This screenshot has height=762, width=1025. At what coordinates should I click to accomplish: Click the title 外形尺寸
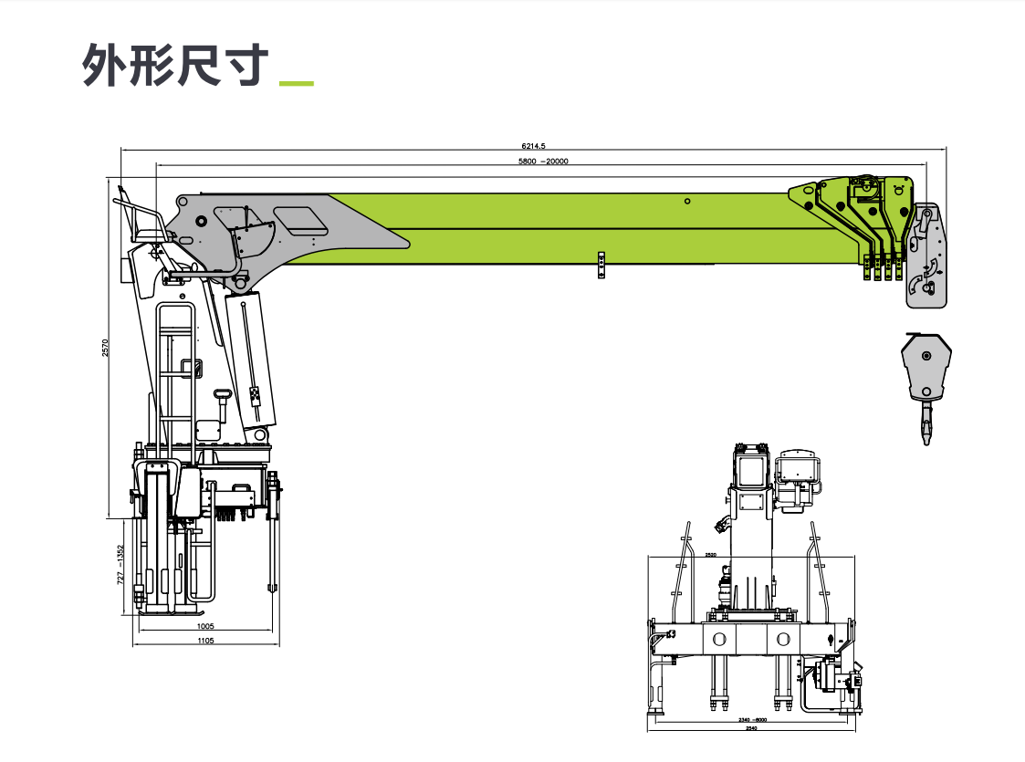pyautogui.click(x=175, y=65)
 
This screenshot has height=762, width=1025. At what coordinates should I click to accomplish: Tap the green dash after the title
pyautogui.click(x=296, y=84)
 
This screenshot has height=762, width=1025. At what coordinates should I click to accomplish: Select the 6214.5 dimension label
pyautogui.click(x=533, y=146)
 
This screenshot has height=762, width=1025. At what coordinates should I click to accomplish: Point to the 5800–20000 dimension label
pyautogui.click(x=542, y=162)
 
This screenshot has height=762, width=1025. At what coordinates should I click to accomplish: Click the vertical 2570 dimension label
pyautogui.click(x=106, y=348)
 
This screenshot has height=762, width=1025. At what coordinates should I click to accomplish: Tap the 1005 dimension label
pyautogui.click(x=204, y=626)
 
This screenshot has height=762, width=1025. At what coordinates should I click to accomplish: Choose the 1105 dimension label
pyautogui.click(x=204, y=642)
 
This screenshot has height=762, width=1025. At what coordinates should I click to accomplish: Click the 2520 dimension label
pyautogui.click(x=711, y=554)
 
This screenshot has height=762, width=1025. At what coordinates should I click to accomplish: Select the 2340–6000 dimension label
pyautogui.click(x=752, y=718)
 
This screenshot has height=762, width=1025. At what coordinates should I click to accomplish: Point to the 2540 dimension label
pyautogui.click(x=752, y=729)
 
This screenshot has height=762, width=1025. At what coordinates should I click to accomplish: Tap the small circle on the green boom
pyautogui.click(x=687, y=201)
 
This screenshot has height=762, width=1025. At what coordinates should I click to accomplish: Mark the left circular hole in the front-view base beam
pyautogui.click(x=718, y=638)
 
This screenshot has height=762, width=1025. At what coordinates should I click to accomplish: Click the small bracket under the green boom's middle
pyautogui.click(x=601, y=264)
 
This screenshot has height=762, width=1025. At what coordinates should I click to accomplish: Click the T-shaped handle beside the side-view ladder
pyautogui.click(x=221, y=400)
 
